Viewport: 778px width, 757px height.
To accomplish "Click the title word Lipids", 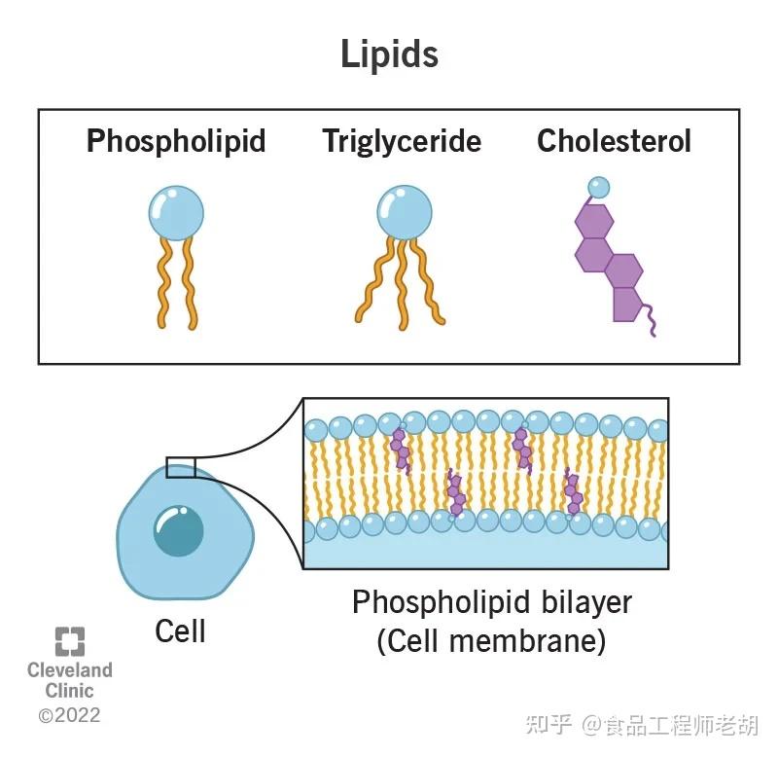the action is coord(390,54).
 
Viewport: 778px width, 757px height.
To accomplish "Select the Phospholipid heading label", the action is coord(176,141).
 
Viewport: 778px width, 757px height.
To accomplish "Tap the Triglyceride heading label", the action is coord(402,141).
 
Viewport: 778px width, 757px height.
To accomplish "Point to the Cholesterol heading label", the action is coord(614,140).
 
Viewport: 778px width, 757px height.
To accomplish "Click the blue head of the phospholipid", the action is coord(176,213).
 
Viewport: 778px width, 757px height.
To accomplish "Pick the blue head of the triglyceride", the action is coord(405,213).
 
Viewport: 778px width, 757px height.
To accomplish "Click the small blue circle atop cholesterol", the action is coord(598,188).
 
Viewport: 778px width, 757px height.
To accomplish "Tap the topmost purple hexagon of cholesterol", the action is coord(594,222).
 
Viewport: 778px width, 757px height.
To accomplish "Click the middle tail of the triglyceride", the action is coord(402,284).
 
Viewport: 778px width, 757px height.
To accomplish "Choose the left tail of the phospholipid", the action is coord(164,283).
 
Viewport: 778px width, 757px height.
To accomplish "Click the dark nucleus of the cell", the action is coord(179,530).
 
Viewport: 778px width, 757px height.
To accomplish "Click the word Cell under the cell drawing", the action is coord(180,631).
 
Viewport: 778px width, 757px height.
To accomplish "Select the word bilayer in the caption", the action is coord(586,603).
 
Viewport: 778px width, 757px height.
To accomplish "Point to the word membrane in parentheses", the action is coord(523,641).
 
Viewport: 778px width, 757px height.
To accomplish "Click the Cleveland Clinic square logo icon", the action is coord(69,641).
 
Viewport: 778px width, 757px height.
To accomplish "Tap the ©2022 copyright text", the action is coord(69,715).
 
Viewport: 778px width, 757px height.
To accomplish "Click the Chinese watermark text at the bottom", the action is coord(642,725).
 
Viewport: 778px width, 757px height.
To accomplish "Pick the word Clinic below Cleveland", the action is coord(69,691).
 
